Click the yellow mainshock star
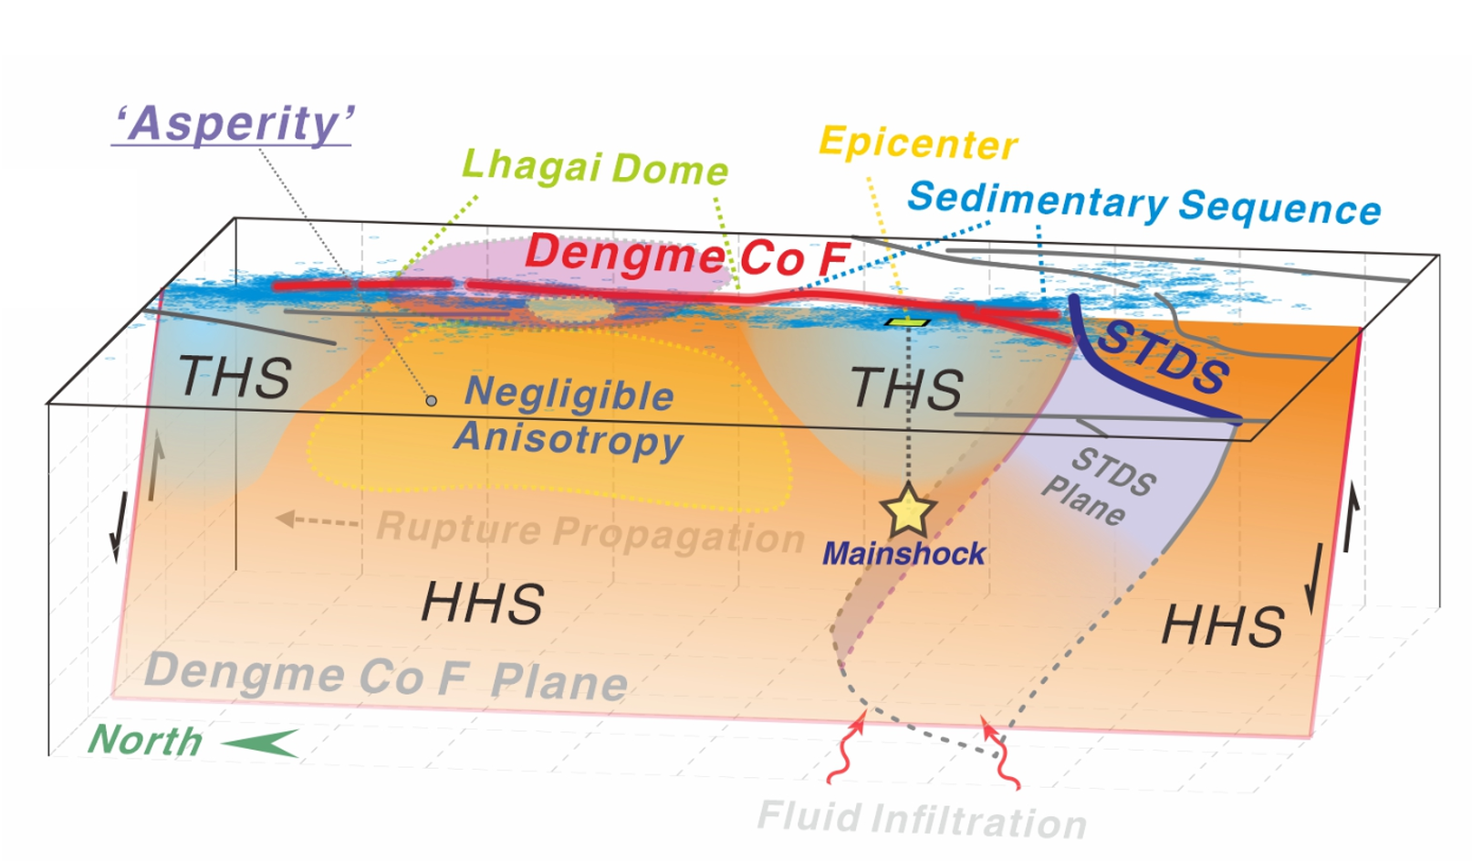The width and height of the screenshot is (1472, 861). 908,510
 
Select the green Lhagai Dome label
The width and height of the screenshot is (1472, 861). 595,167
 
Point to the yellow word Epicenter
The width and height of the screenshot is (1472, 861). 919,143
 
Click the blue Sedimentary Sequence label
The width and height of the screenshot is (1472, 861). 1144,205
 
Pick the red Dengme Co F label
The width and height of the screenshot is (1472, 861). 687,257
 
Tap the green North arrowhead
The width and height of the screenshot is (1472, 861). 260,742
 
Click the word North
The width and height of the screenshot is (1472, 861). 144,740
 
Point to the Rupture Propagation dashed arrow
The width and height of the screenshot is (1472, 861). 317,520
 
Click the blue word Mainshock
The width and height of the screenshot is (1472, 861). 903,554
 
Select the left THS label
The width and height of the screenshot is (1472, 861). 235,377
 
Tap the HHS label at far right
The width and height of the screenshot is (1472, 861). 1222,625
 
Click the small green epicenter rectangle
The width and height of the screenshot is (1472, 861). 907,322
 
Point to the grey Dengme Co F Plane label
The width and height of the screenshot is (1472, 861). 386,677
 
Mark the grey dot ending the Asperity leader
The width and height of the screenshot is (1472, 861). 431,400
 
